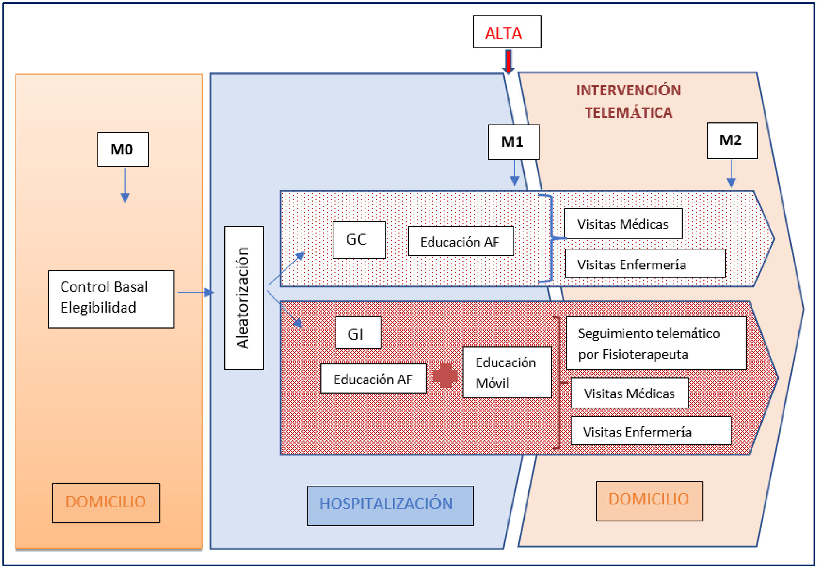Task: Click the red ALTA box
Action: coord(507,32)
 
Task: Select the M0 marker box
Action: coord(123,149)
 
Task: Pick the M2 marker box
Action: coord(732,141)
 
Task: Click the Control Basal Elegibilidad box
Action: coord(111,299)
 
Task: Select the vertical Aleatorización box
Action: coord(244,298)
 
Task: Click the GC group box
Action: coord(359,240)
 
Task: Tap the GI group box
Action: coord(358,333)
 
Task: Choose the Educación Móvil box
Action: coord(506,372)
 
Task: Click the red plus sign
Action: coord(445,375)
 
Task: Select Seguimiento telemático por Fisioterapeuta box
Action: coord(656,343)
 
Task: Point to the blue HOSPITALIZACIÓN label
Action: coord(390,506)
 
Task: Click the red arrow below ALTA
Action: coord(508,61)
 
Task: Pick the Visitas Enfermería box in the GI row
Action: coord(651,430)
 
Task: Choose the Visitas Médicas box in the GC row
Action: coord(623,224)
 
